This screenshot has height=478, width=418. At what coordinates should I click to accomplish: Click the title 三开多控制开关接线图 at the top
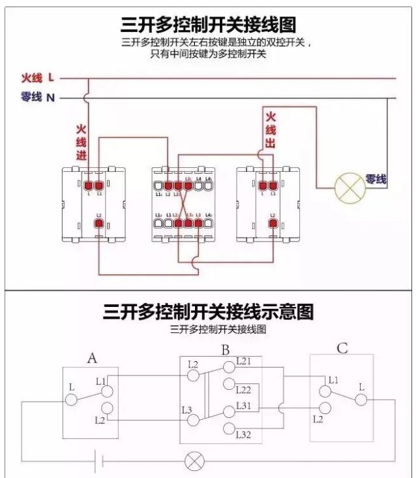point(208,25)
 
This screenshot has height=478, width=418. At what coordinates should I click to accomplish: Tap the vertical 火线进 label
point(82,142)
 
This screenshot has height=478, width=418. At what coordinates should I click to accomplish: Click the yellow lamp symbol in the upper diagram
point(349,187)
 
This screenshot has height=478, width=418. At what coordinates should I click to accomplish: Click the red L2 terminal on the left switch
point(98,224)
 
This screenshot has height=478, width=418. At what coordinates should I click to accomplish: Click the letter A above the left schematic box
point(93,358)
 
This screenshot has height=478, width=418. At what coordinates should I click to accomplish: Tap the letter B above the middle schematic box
point(226,351)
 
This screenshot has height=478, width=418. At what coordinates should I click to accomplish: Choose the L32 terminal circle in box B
point(229,428)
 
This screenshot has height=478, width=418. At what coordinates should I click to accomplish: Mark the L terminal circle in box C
point(361,400)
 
